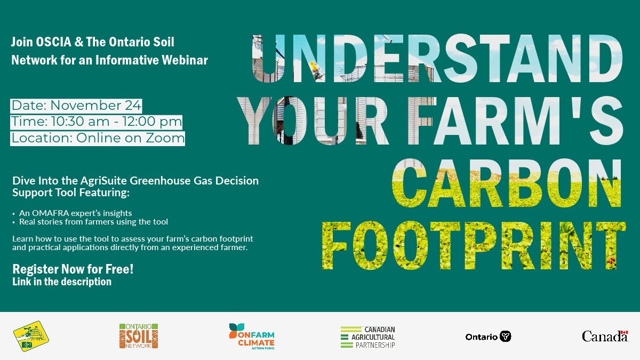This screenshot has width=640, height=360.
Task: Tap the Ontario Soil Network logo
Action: pyautogui.click(x=139, y=336)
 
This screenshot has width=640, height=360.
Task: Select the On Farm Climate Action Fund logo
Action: pyautogui.click(x=251, y=336)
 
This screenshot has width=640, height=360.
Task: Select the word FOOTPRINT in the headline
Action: pyautogui.click(x=474, y=246)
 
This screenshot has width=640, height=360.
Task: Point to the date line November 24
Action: pyautogui.click(x=76, y=105)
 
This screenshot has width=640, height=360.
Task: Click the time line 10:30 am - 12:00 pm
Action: pyautogui.click(x=97, y=122)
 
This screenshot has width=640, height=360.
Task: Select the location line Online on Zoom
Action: pyautogui.click(x=98, y=138)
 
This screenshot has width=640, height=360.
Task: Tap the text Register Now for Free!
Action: pyautogui.click(x=73, y=269)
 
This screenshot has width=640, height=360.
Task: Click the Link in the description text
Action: pyautogui.click(x=62, y=282)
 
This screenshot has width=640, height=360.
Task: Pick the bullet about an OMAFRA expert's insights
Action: pyautogui.click(x=75, y=213)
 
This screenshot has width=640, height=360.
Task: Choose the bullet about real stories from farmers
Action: pyautogui.click(x=93, y=221)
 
